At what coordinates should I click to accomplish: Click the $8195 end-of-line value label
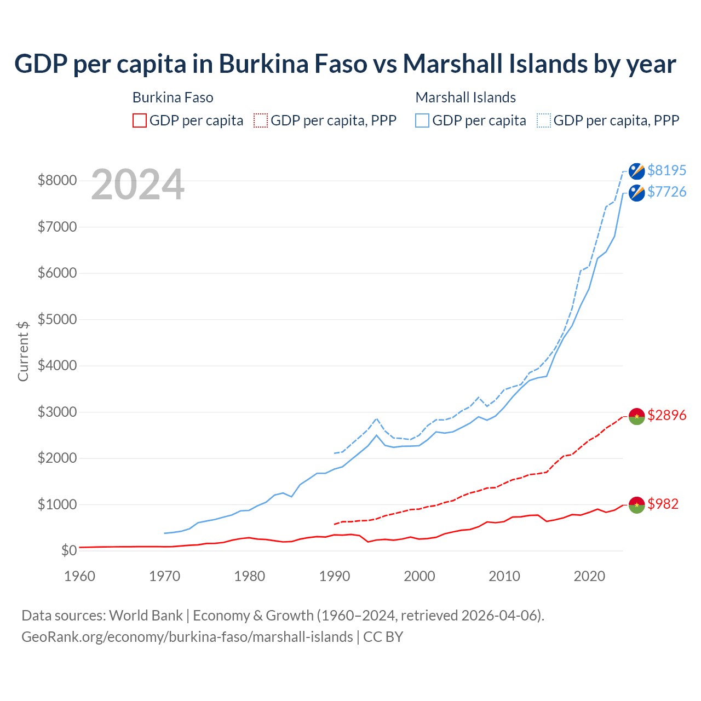coord(666,170)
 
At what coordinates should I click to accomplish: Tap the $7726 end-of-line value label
coord(666,192)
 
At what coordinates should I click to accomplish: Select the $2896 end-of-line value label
coord(666,415)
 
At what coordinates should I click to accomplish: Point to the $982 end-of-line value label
coord(663,504)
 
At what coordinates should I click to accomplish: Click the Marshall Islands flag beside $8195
coord(636,171)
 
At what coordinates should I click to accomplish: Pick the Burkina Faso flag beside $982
coord(636,505)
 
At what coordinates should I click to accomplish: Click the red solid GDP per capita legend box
coord(140,120)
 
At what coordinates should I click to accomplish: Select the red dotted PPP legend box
coord(261,120)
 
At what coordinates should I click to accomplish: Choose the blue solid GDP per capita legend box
coord(422,120)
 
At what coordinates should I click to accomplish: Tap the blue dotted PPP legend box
coord(544,120)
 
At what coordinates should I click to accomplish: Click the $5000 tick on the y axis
coord(57,319)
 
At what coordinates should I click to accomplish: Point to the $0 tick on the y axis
coord(68,550)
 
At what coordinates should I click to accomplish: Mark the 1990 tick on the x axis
coord(335,576)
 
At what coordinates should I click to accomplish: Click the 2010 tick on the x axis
coord(504,576)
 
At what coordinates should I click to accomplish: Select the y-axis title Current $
coord(23,351)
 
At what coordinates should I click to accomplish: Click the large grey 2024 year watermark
coord(137,185)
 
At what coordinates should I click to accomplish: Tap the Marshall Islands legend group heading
coord(466,97)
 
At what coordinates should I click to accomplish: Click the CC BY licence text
coord(383,637)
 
